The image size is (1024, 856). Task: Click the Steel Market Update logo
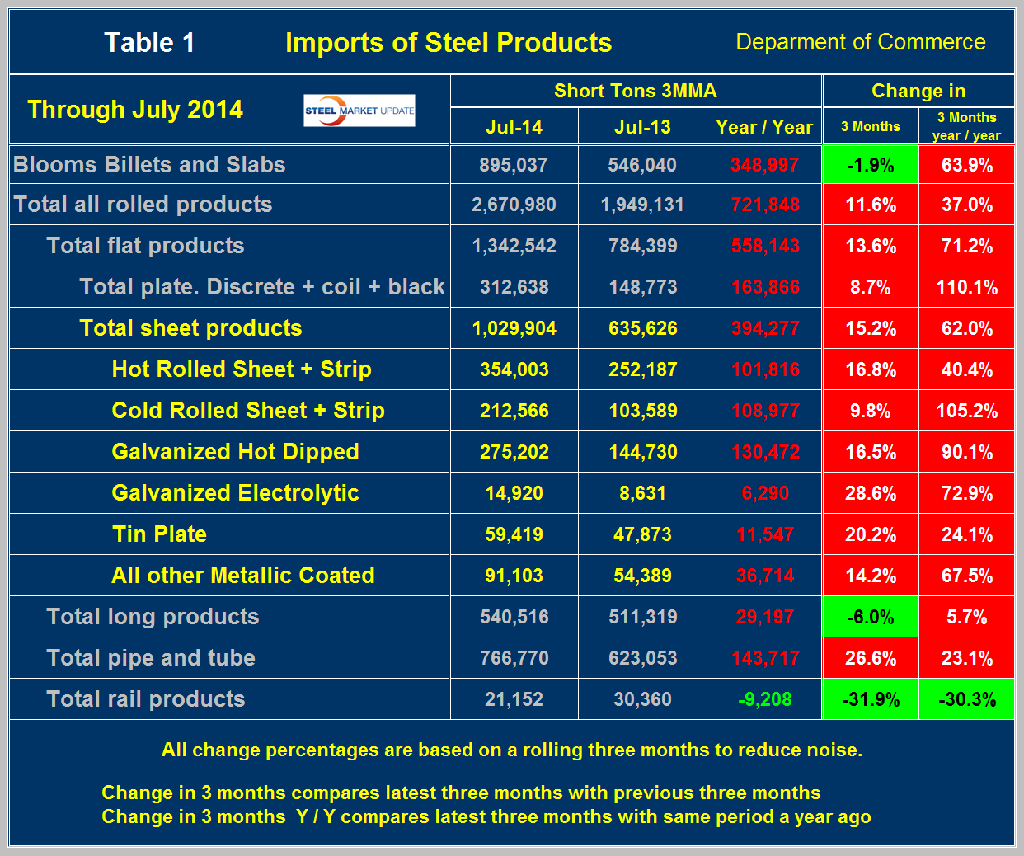pyautogui.click(x=359, y=111)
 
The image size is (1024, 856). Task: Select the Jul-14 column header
pyautogui.click(x=514, y=127)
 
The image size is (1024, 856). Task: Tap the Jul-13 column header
pyautogui.click(x=642, y=127)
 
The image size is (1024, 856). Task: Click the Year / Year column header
pyautogui.click(x=764, y=127)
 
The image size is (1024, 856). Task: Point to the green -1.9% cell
pyautogui.click(x=871, y=165)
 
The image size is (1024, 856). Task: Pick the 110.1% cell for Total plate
pyautogui.click(x=966, y=287)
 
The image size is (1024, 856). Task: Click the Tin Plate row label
pyautogui.click(x=159, y=534)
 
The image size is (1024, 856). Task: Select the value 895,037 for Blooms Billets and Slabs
pyautogui.click(x=514, y=165)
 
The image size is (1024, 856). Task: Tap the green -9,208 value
pyautogui.click(x=764, y=699)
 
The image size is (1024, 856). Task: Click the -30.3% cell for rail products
pyautogui.click(x=966, y=699)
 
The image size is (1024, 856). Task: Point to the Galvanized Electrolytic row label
pyautogui.click(x=235, y=493)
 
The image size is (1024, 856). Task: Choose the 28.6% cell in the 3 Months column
pyautogui.click(x=871, y=493)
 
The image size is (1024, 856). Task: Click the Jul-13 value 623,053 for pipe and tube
pyautogui.click(x=642, y=658)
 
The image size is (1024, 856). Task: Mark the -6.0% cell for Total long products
pyautogui.click(x=871, y=617)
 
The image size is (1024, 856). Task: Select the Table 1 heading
pyautogui.click(x=149, y=43)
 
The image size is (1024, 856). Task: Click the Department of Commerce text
pyautogui.click(x=860, y=42)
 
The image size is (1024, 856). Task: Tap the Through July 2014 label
pyautogui.click(x=135, y=110)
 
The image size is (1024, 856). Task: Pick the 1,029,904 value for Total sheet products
pyautogui.click(x=514, y=328)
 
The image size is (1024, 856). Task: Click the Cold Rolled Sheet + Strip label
pyautogui.click(x=248, y=411)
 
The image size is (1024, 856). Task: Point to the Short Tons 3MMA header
pyautogui.click(x=635, y=91)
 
